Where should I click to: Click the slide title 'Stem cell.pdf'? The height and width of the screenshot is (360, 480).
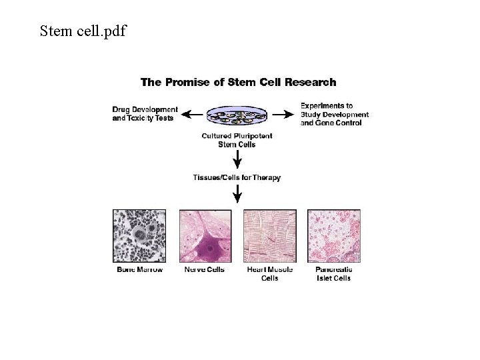coord(83,31)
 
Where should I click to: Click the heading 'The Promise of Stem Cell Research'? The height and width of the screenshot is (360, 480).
coord(238,83)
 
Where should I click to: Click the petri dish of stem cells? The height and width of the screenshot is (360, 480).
coord(237,117)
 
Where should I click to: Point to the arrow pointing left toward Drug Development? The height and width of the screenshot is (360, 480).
coord(193,115)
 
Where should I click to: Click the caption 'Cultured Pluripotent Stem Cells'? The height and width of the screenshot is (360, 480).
coord(237,140)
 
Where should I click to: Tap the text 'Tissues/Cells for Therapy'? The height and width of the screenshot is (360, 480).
coord(237,177)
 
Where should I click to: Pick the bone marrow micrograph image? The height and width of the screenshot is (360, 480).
coord(140,236)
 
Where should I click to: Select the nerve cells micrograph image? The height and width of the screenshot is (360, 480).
coord(205,236)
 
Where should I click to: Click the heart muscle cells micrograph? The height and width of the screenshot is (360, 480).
coord(269,236)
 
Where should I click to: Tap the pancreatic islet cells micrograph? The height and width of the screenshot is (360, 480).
coord(333,236)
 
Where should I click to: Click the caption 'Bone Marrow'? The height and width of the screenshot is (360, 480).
coord(140,269)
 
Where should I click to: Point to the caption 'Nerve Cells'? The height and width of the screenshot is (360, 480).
coord(205,269)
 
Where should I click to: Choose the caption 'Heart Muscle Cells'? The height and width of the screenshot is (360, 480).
coord(269,273)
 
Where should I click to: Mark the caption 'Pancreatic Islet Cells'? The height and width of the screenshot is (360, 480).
coord(333,273)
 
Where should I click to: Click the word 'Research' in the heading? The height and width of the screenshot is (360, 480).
coord(310,83)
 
